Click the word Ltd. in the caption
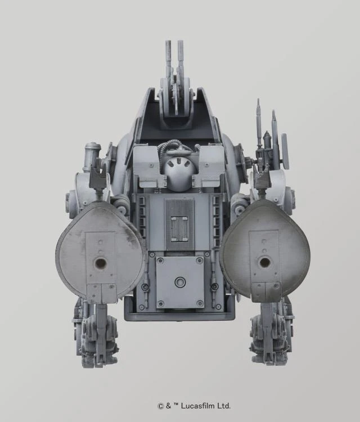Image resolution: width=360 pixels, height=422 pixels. [223, 405]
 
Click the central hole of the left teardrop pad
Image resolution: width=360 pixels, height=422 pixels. [101, 262]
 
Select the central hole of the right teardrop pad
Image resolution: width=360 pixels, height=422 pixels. [264, 262]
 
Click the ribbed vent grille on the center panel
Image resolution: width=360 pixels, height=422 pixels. [181, 219]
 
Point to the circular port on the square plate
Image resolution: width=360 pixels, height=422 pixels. [180, 282]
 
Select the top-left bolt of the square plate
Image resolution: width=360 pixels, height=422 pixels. [160, 261]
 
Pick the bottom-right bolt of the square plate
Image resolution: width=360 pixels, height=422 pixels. [200, 304]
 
